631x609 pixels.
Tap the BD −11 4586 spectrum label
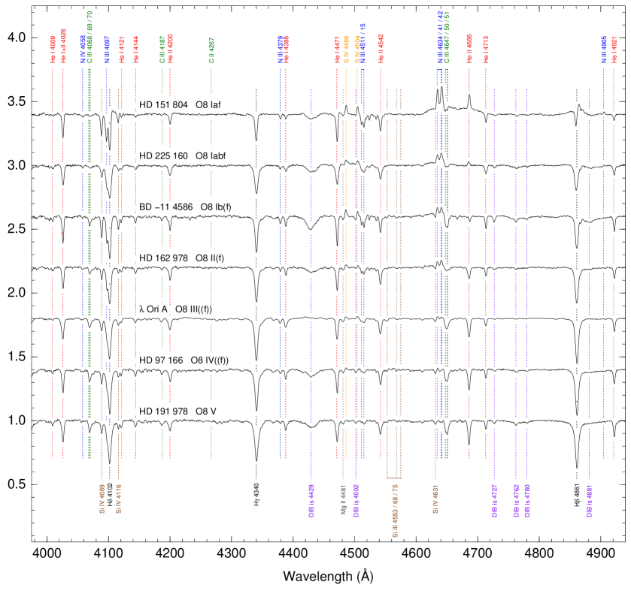pos(191,207)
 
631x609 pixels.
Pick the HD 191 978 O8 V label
pos(184,412)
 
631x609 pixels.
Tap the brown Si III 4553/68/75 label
pos(395,511)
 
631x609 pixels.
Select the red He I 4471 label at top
pos(337,50)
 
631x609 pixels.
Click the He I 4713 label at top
pos(486,48)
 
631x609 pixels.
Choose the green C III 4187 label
pos(162,48)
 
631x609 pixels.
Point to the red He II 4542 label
pos(380,47)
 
